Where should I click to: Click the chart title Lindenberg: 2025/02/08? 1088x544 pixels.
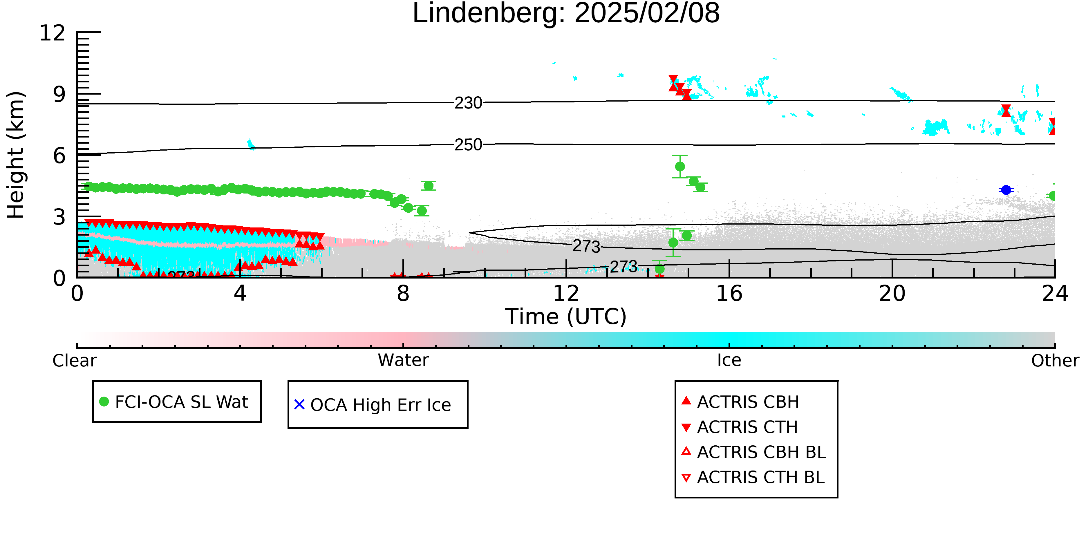[566, 14]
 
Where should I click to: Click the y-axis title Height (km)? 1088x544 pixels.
[16, 155]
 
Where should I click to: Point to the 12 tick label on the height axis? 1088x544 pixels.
[53, 33]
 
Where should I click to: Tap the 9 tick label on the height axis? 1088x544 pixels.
[59, 94]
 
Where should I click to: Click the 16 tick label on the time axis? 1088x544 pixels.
[729, 294]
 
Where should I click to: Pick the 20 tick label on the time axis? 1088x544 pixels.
[892, 294]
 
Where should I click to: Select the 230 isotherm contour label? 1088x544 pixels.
[468, 103]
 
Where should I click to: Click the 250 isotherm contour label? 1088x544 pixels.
[468, 145]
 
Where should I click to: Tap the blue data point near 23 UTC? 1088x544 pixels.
[1006, 190]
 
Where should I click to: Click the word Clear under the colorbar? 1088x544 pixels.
[74, 361]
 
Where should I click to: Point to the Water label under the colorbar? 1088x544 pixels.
[403, 360]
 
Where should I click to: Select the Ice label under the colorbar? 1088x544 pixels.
[729, 360]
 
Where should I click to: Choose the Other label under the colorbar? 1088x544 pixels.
[1055, 361]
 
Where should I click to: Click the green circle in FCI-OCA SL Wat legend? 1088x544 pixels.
[104, 402]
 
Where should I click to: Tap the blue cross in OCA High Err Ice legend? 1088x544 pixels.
[299, 405]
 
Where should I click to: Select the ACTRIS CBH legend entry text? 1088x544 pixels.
[748, 402]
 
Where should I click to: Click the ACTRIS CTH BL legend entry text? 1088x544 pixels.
[761, 477]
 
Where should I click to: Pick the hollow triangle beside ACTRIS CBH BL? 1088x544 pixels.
[686, 451]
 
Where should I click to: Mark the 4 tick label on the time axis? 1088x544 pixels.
[240, 294]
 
